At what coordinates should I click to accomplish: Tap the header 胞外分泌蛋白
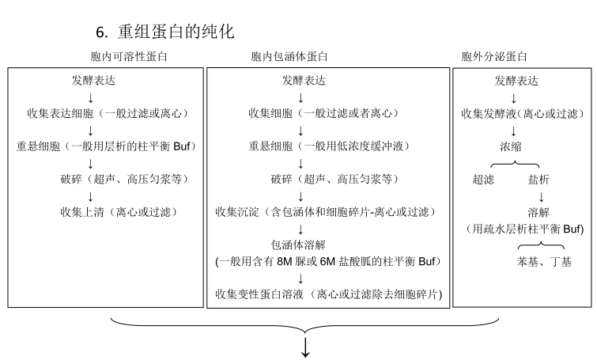pyautogui.click(x=495, y=57)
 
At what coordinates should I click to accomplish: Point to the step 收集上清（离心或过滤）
pyautogui.click(x=119, y=212)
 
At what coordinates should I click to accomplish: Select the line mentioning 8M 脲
pyautogui.click(x=327, y=261)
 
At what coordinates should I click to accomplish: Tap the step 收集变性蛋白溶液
pyautogui.click(x=328, y=294)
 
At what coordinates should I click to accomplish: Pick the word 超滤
pyautogui.click(x=482, y=180)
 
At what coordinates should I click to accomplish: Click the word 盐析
pyautogui.click(x=540, y=180)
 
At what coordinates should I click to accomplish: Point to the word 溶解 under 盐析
pyautogui.click(x=540, y=212)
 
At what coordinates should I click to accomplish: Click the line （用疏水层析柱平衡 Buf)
pyautogui.click(x=525, y=229)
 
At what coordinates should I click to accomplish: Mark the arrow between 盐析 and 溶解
pyautogui.click(x=540, y=196)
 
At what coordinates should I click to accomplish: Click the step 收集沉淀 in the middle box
pyautogui.click(x=327, y=212)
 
